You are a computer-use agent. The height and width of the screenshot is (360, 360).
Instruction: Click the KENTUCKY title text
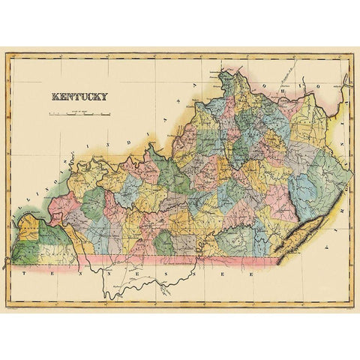[x=79, y=96]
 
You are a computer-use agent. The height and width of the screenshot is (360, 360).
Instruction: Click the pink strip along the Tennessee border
[x=187, y=260]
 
